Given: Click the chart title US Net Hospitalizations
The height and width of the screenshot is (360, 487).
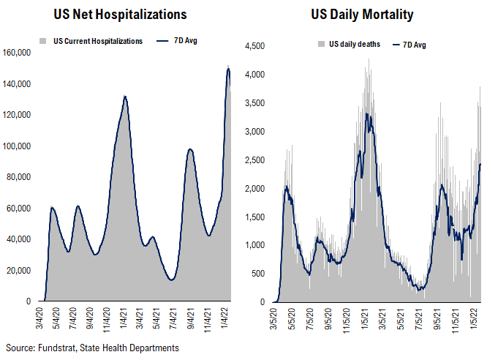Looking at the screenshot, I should tap(120, 14).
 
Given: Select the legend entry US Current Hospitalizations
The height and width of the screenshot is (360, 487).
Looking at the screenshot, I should tap(98, 41).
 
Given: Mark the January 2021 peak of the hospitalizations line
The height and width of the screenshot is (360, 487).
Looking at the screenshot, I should tap(125, 96).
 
